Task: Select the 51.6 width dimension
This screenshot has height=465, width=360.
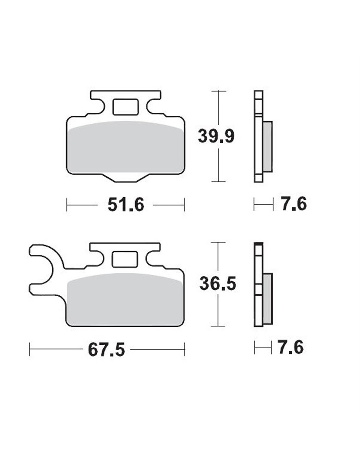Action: pyautogui.click(x=126, y=205)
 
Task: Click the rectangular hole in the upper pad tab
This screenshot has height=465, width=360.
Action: pyautogui.click(x=126, y=107)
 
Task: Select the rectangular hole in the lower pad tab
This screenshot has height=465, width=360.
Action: pyautogui.click(x=125, y=259)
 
